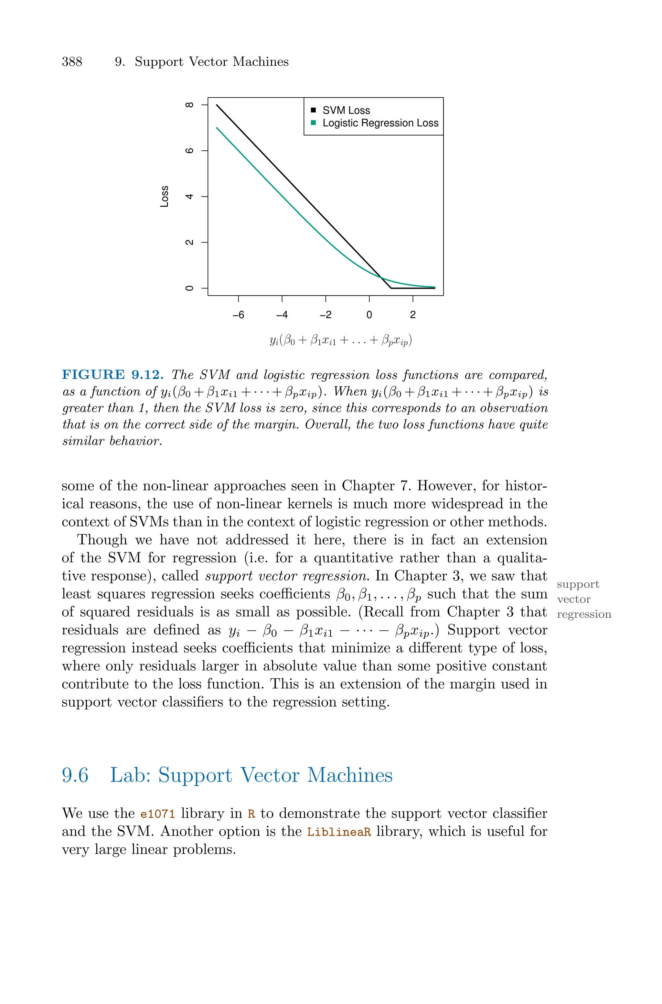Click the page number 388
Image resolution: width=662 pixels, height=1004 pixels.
pos(72,62)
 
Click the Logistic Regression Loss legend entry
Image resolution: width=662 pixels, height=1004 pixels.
pos(380,123)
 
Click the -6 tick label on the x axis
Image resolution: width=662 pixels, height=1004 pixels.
pos(239,315)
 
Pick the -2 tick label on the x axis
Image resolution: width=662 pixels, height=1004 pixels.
pos(326,315)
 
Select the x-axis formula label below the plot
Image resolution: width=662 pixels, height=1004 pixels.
pos(340,340)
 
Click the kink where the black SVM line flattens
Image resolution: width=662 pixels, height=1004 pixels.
pos(391,288)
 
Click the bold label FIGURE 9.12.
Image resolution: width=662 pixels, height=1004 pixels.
pos(113,375)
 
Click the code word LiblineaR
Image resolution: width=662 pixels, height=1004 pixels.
pos(339,832)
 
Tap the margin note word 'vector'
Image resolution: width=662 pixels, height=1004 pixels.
pos(573,599)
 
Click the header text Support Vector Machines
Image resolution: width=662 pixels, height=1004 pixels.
pos(211,62)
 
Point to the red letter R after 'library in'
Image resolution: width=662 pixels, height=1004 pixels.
pos(251,814)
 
